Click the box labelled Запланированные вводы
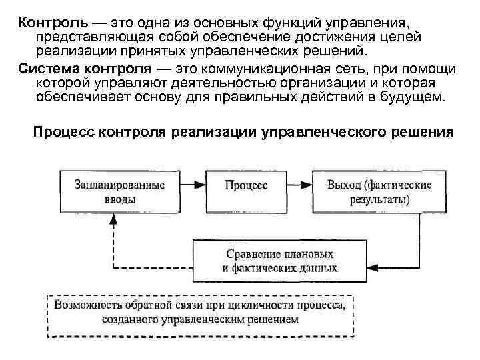(112, 191)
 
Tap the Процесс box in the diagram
(246, 185)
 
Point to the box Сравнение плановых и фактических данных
(278, 261)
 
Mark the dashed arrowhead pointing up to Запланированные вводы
(112, 222)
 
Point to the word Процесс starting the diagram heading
(64, 132)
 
